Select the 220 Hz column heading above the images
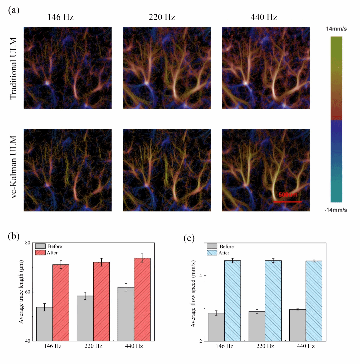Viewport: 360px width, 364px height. tap(162, 17)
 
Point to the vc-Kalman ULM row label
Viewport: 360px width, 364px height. tap(13, 170)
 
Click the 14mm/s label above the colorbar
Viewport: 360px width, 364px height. tap(336, 29)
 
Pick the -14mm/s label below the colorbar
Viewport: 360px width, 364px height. tap(336, 210)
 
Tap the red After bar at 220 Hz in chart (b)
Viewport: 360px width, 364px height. tap(101, 301)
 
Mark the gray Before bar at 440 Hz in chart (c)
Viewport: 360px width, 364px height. tap(298, 325)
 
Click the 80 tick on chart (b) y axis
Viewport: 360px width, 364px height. tap(28, 243)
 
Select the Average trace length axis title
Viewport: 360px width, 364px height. tap(21, 292)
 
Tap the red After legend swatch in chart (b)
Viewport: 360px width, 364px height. tap(40, 252)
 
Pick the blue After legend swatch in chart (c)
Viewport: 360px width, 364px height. tap(212, 252)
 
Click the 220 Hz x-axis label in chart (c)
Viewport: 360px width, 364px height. tap(265, 346)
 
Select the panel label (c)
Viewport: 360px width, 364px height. tap(189, 238)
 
